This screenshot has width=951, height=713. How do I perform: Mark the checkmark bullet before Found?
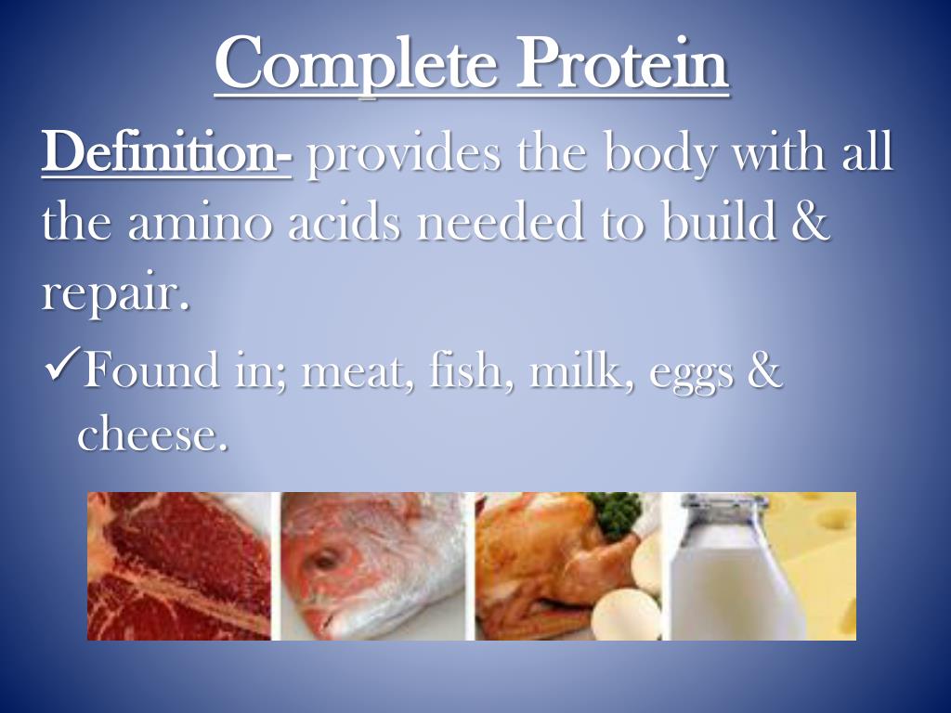[59, 370]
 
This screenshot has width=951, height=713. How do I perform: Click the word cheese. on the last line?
[152, 433]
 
